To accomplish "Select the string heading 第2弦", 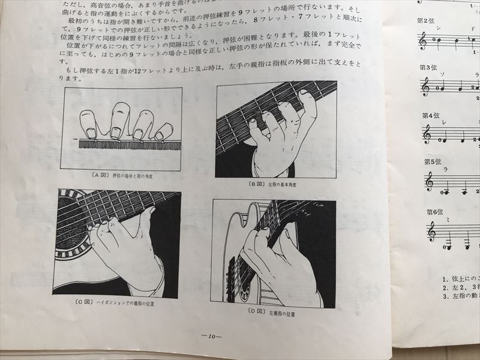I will pos(425,20).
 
